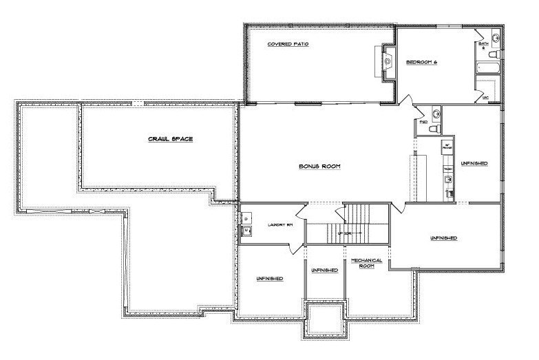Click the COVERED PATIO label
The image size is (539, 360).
pyautogui.click(x=288, y=44)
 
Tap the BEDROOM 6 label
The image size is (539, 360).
pyautogui.click(x=422, y=63)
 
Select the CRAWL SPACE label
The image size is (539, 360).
pyautogui.click(x=170, y=139)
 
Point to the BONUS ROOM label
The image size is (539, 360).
pyautogui.click(x=320, y=167)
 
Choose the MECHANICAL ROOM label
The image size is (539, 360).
pyautogui.click(x=366, y=263)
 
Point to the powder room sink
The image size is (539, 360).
pyautogui.click(x=435, y=113)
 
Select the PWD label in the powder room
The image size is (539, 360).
pyautogui.click(x=423, y=123)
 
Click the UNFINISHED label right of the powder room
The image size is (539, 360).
pyautogui.click(x=475, y=163)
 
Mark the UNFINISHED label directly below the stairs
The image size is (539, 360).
pyautogui.click(x=325, y=271)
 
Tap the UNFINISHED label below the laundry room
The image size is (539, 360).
pyautogui.click(x=270, y=277)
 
